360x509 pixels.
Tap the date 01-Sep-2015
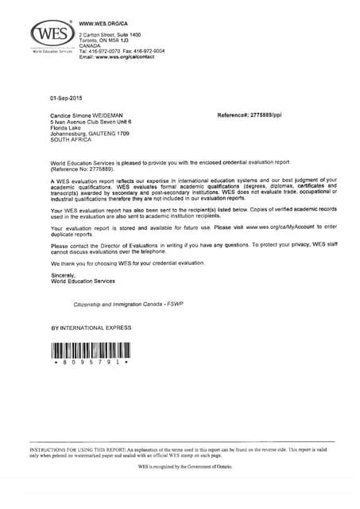pos(66,98)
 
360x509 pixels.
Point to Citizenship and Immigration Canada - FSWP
pos(127,304)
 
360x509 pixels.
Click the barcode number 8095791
pos(90,362)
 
